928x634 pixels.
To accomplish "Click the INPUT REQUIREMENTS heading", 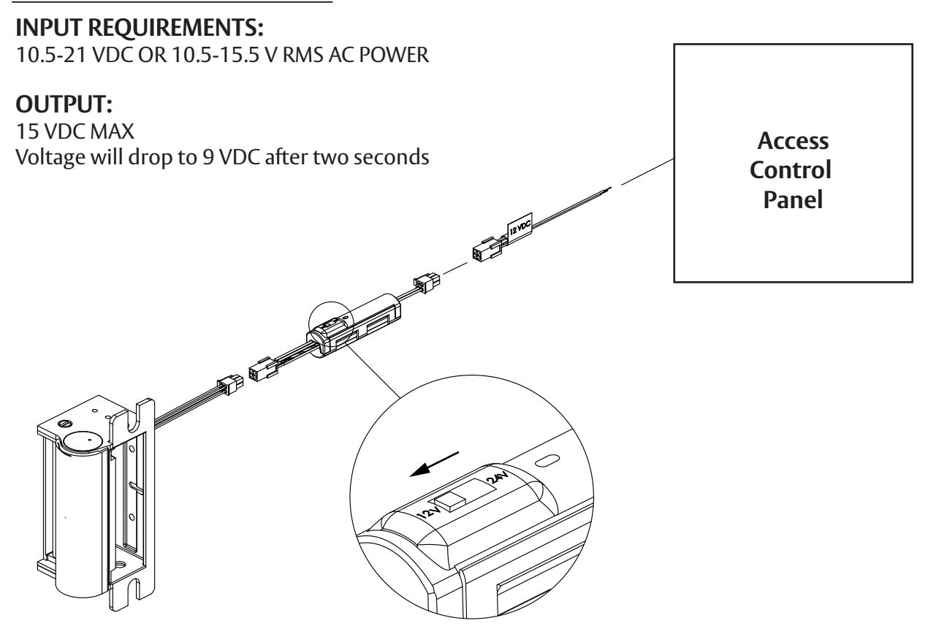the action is (139, 28).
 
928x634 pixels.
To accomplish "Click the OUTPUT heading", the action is (64, 104).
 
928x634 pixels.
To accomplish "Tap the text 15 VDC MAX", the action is (75, 131).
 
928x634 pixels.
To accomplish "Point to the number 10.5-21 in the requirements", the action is (51, 55).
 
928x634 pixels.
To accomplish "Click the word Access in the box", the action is (793, 141).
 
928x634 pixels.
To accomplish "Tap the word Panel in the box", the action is (793, 199).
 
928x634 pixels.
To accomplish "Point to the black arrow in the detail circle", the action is (434, 465).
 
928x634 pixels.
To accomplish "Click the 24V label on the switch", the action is (497, 478).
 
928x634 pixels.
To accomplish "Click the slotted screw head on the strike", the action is (66, 424).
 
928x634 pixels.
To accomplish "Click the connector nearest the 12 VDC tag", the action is (487, 249).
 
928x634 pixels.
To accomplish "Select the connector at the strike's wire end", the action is (230, 384).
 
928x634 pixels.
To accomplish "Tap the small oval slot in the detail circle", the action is (548, 460).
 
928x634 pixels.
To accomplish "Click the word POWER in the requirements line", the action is (394, 55).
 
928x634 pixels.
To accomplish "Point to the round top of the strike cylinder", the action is (85, 443).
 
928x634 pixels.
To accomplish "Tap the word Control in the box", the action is (791, 169).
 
